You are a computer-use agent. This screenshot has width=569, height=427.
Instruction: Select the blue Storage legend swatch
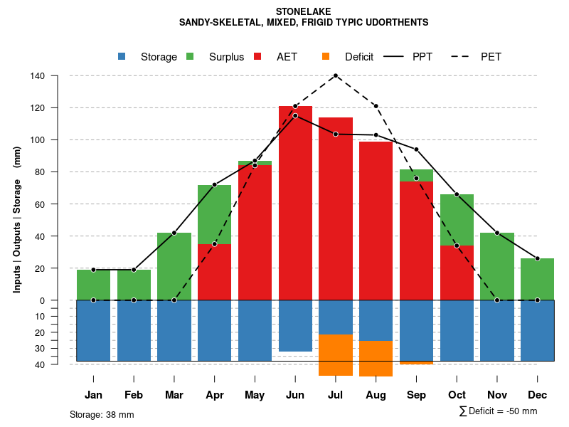[x=122, y=56]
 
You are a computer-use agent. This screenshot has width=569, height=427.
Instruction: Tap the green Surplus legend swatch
[x=190, y=56]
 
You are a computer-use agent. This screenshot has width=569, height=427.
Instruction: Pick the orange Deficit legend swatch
[x=326, y=56]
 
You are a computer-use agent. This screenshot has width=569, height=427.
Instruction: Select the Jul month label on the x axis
[x=336, y=395]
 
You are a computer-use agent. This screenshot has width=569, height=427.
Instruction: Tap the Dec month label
[x=537, y=395]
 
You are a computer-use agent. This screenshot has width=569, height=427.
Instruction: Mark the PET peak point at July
[x=336, y=75]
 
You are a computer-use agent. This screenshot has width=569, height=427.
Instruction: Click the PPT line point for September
[x=416, y=149]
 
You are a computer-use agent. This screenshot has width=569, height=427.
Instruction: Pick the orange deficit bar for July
[x=336, y=354]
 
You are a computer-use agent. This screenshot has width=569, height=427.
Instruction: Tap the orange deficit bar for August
[x=376, y=358]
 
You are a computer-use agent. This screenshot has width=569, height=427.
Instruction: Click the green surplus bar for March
[x=174, y=267]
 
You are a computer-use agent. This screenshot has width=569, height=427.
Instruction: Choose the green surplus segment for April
[x=214, y=214]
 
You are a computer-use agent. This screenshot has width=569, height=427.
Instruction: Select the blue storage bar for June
[x=295, y=326]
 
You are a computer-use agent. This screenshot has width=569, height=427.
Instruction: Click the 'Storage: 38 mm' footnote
[x=102, y=414]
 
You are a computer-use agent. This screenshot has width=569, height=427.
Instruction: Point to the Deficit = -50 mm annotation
[x=499, y=411]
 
